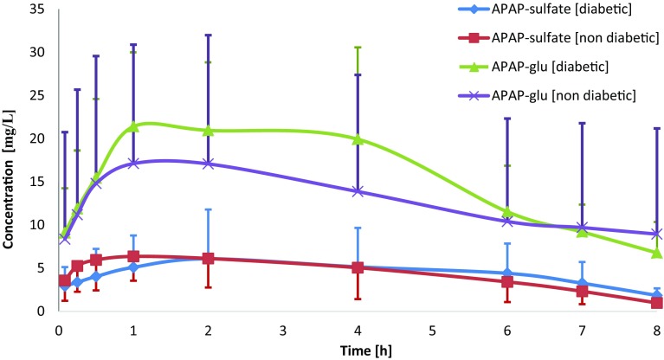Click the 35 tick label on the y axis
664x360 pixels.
point(38,10)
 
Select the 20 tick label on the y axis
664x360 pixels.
point(38,138)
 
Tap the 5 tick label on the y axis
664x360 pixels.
point(42,267)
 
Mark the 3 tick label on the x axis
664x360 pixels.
point(283,330)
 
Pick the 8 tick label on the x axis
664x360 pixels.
point(657,330)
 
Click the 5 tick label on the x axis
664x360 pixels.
point(433,330)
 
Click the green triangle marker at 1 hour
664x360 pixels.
point(133,126)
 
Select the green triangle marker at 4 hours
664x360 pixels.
point(358,138)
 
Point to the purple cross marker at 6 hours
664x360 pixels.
point(507,222)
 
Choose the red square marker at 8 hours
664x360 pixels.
point(657,303)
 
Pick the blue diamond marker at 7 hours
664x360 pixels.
point(583,283)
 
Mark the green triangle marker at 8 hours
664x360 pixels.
point(657,252)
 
